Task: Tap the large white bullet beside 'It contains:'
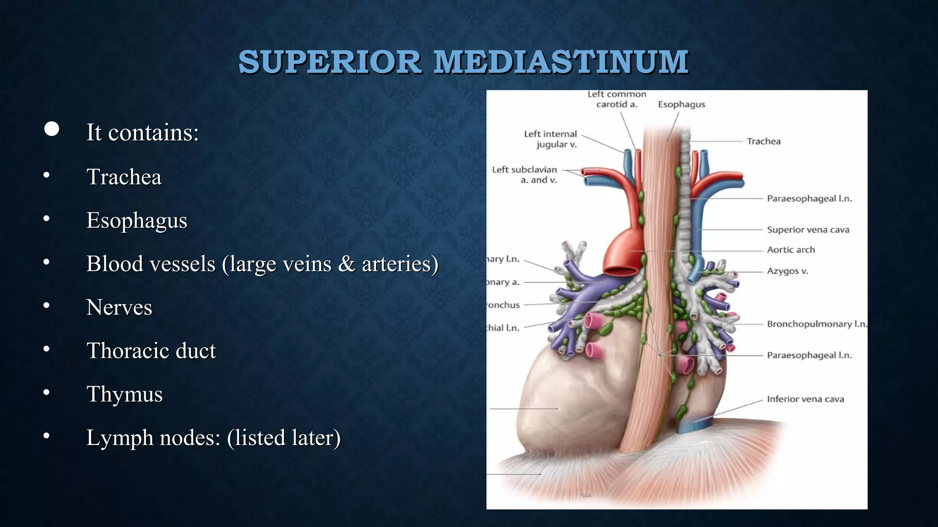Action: (x=52, y=129)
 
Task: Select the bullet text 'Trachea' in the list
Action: (x=124, y=177)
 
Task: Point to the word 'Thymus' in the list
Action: (x=124, y=394)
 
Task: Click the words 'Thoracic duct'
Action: (x=151, y=350)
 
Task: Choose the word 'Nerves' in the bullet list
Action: (x=119, y=307)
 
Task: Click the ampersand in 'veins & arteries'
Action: (x=347, y=264)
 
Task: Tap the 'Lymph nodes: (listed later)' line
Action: (x=213, y=437)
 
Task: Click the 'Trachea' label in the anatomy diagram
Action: (x=763, y=141)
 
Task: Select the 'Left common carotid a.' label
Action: (x=616, y=99)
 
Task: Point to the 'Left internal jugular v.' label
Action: (x=551, y=139)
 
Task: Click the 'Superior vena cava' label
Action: (x=808, y=230)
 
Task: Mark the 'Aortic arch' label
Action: (x=791, y=250)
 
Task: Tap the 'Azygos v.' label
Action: (x=787, y=271)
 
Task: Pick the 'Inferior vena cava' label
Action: (x=805, y=399)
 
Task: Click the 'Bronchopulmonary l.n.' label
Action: (x=817, y=324)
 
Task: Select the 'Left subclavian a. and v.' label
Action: (x=525, y=175)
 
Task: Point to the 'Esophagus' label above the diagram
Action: (x=682, y=104)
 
